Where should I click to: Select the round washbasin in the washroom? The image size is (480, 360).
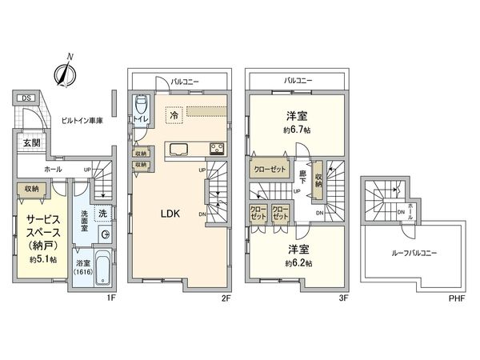[x=106, y=234]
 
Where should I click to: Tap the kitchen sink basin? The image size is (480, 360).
[x=177, y=147]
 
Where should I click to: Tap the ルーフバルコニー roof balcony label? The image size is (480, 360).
[x=414, y=254]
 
